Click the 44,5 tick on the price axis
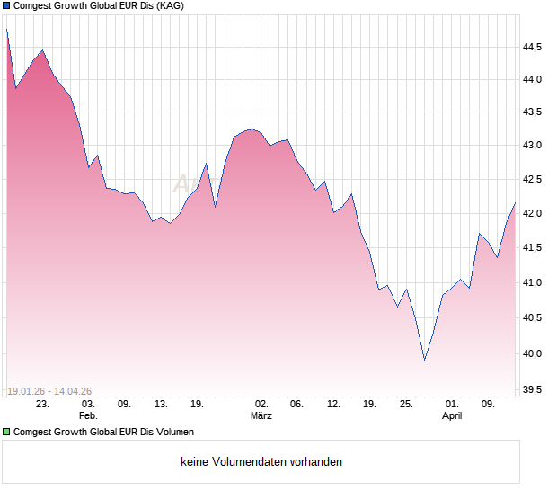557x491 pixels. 534,46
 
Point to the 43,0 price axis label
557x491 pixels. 534,145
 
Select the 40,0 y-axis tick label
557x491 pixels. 534,353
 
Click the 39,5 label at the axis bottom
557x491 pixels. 534,389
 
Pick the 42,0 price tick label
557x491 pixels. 534,214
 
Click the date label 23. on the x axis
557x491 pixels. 42,404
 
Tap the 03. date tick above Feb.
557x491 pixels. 88,404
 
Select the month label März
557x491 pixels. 261,416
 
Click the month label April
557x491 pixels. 453,416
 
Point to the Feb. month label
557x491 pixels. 88,416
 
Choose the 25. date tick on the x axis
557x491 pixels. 406,404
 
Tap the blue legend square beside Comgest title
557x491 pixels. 7,7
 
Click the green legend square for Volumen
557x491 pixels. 7,432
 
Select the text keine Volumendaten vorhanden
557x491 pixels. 261,462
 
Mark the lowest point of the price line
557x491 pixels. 424,360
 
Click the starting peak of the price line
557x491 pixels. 6,30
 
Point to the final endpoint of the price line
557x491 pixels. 515,203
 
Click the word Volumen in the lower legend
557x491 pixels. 172,432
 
